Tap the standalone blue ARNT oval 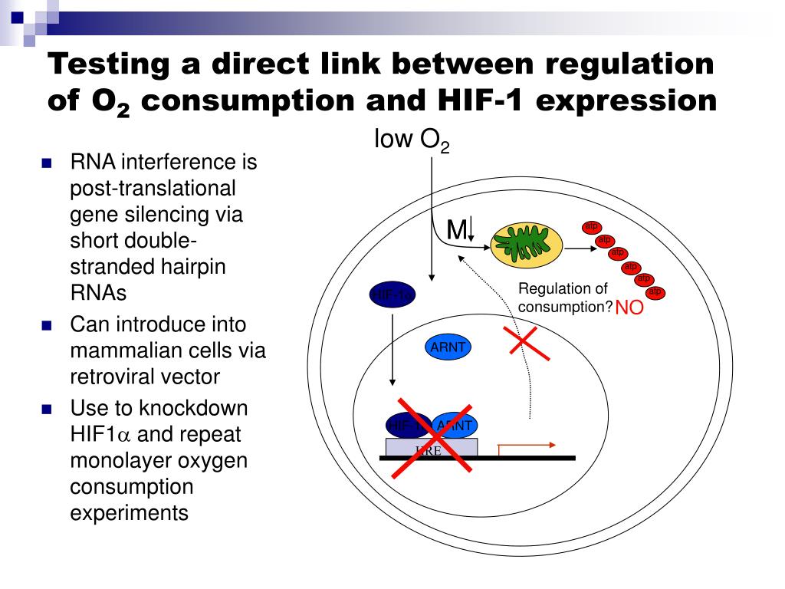click(448, 347)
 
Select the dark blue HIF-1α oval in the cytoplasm click(392, 294)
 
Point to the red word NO click(629, 309)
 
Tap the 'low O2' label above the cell click(411, 140)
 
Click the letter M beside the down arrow click(457, 229)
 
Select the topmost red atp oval click(591, 227)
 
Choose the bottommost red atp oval click(655, 292)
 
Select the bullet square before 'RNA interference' click(47, 163)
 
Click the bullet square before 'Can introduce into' click(47, 325)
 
